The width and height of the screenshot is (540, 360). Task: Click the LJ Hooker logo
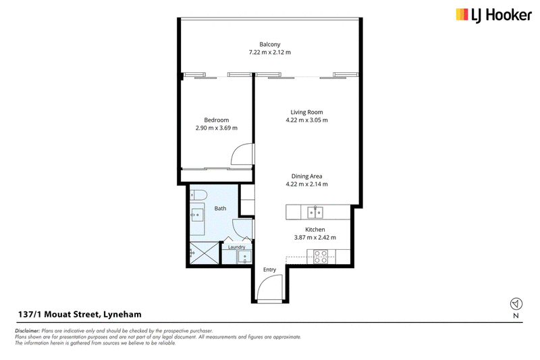pos(494,16)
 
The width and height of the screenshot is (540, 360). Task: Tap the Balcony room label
pos(269,45)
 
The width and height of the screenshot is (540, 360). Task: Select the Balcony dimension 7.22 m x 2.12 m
pos(269,53)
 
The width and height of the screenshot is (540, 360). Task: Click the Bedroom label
pos(216,120)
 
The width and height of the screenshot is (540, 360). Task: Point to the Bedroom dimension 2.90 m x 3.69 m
pos(216,128)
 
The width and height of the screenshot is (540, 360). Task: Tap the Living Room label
pos(306,112)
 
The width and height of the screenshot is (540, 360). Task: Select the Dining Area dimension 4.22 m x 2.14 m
pos(306,184)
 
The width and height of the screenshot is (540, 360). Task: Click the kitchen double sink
pos(315,212)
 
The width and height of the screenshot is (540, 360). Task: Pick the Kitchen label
pos(315,230)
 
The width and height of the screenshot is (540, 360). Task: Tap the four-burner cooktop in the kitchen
pos(321,257)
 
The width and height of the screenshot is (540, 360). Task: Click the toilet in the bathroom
pos(197,196)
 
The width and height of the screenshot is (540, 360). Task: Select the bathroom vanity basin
pos(197,215)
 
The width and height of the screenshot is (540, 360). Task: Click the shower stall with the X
pos(205,253)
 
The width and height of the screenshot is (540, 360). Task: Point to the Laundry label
pos(236,247)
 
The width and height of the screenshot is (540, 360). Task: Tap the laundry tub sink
pos(244,257)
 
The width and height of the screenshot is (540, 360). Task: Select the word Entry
pos(269,269)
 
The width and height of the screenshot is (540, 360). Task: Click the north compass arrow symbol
pos(516,304)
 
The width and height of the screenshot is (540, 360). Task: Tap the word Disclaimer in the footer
pos(27,331)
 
